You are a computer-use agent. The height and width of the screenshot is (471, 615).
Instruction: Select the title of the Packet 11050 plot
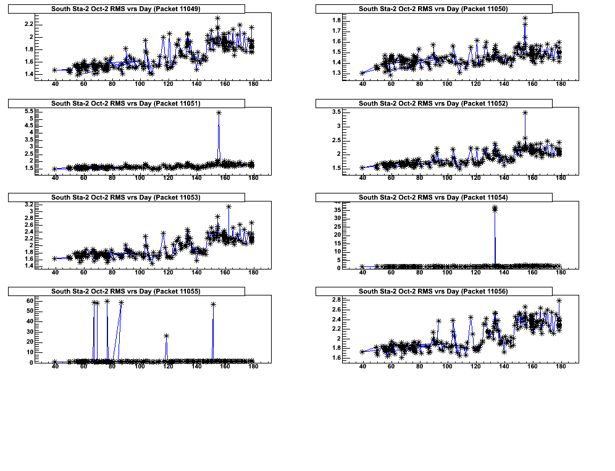pos(433,9)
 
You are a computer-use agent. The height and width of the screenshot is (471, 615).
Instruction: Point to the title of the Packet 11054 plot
pos(433,198)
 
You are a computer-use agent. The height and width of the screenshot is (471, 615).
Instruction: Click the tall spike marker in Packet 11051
pos(219,112)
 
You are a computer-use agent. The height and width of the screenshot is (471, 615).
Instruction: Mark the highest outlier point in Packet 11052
pos(525,112)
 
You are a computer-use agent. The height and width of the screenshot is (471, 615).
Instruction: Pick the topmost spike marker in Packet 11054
pos(495,208)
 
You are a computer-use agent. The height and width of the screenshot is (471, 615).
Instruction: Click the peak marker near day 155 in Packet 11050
pos(525,19)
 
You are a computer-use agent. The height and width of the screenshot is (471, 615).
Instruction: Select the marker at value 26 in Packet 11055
pos(166,336)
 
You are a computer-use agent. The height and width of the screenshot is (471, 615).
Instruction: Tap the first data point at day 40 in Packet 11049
pos(55,70)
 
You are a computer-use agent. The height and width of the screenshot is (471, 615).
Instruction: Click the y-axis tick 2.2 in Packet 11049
pos(28,23)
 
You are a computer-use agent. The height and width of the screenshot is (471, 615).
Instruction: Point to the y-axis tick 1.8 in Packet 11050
pos(336,20)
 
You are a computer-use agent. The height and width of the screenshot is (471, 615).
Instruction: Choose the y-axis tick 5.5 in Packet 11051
pos(28,111)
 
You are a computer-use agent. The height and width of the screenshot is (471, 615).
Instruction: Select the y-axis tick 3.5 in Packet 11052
pos(336,111)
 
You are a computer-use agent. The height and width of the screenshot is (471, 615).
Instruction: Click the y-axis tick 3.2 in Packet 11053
pos(28,204)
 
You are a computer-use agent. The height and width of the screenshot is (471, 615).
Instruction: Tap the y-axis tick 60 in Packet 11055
pos(28,300)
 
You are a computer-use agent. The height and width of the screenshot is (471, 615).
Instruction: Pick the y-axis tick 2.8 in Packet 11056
pos(336,300)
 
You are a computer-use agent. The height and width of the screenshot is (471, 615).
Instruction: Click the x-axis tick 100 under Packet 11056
pos(447,367)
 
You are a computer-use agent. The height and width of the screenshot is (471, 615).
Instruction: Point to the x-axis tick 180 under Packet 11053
pos(253,272)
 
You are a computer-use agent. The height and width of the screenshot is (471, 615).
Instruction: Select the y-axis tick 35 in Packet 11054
pos(337,210)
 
